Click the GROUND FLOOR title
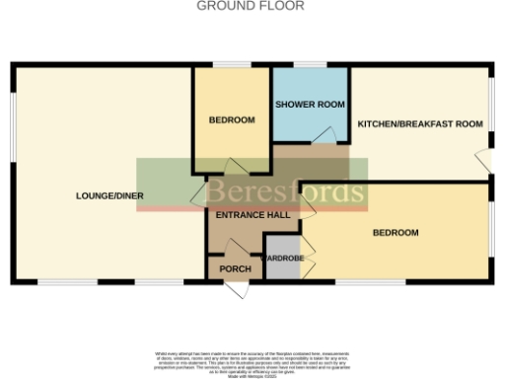251,6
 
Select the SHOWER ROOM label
310,105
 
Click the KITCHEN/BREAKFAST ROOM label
419,124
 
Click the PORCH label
235,269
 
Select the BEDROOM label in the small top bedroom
232,120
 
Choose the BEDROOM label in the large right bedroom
395,233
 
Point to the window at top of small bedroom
233,65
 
